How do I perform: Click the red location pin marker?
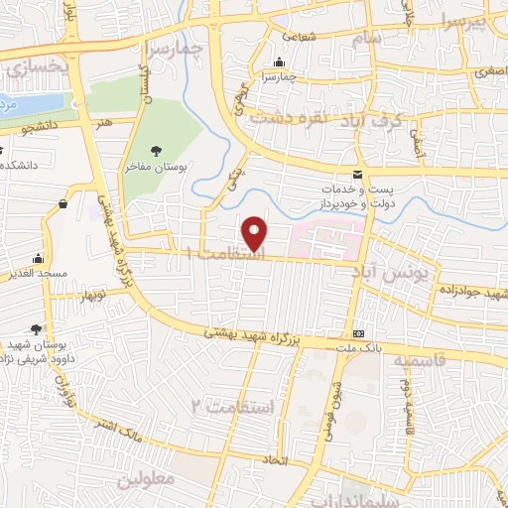(256, 232)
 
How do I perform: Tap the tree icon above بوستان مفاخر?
(157, 151)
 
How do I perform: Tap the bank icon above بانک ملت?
(358, 333)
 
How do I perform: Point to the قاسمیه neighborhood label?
(416, 361)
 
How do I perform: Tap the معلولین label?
(146, 480)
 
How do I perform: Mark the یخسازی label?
(26, 68)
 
